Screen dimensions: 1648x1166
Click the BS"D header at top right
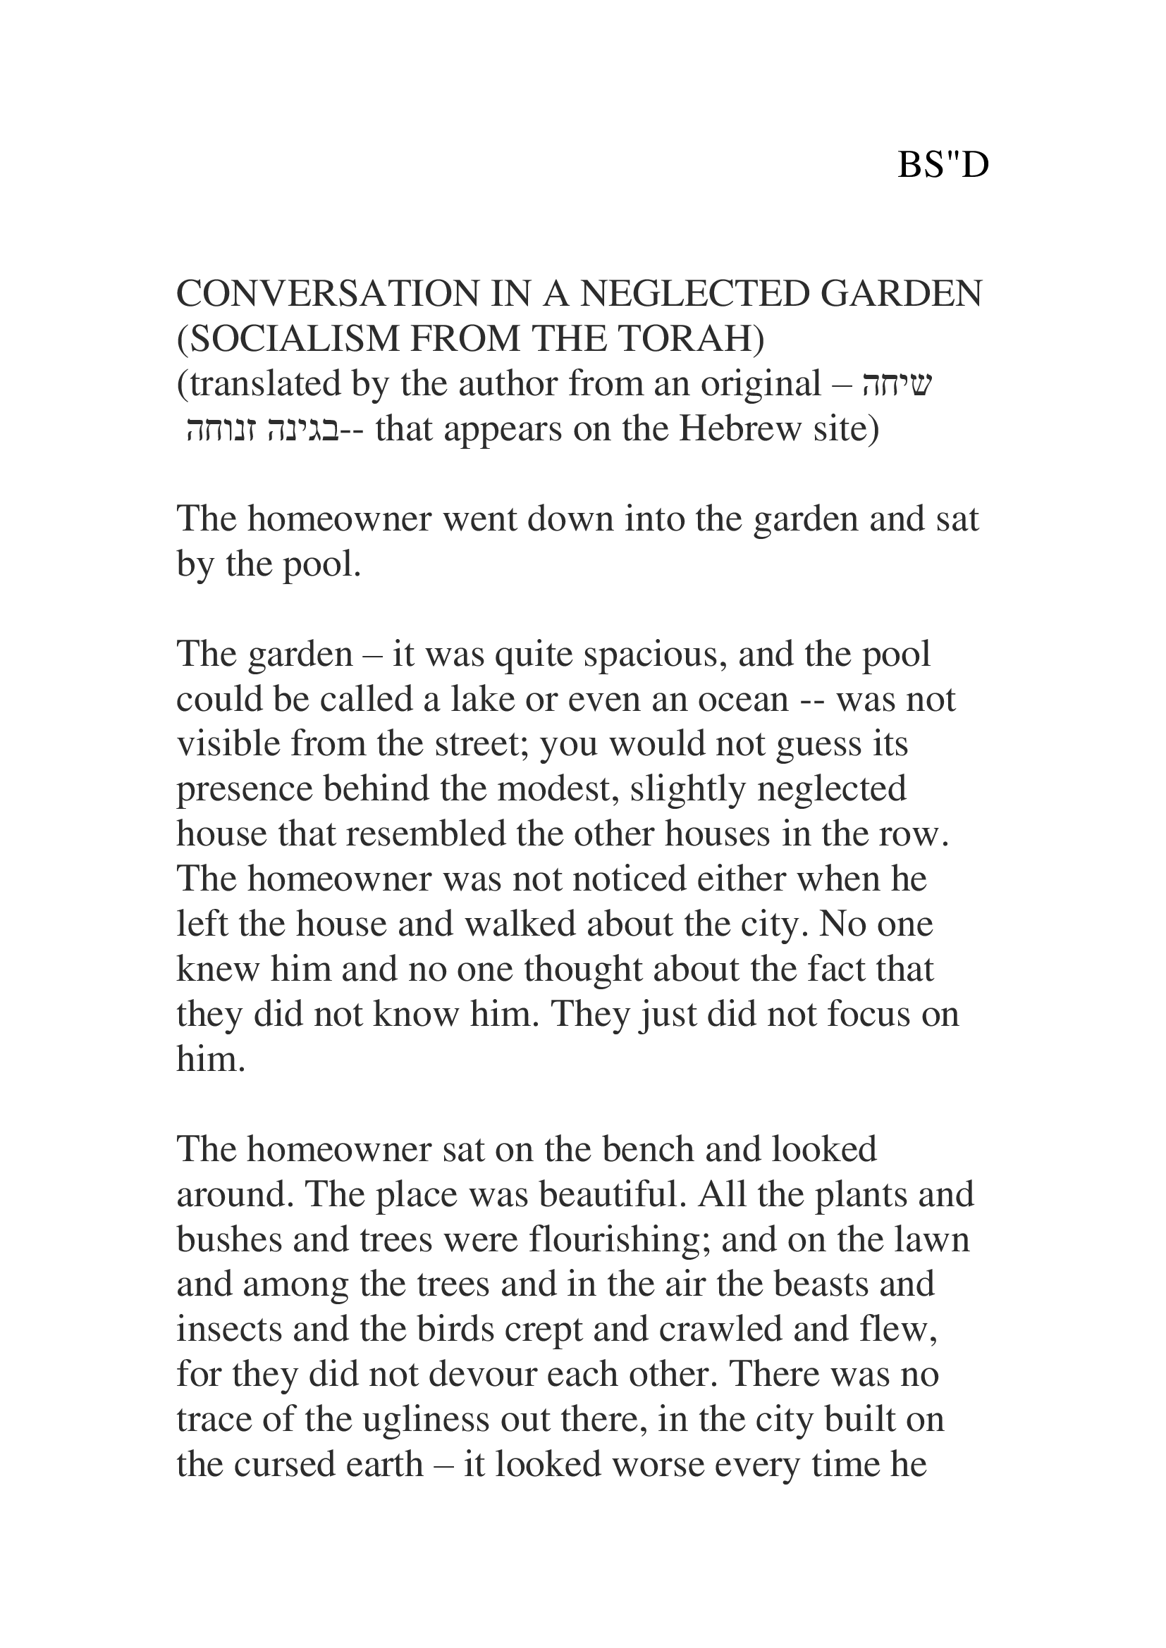coord(943,166)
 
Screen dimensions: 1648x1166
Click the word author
coord(509,384)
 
